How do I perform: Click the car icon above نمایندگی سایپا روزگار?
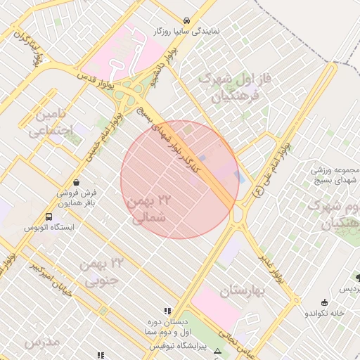pyautogui.click(x=186, y=21)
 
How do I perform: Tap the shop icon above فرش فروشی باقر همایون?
pyautogui.click(x=76, y=183)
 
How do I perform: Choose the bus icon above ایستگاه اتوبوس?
pyautogui.click(x=49, y=217)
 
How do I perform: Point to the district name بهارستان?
pyautogui.click(x=245, y=291)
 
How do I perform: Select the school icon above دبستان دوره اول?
pyautogui.click(x=167, y=310)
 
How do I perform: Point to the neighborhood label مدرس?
pyautogui.click(x=41, y=342)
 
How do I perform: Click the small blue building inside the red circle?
pyautogui.click(x=204, y=159)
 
